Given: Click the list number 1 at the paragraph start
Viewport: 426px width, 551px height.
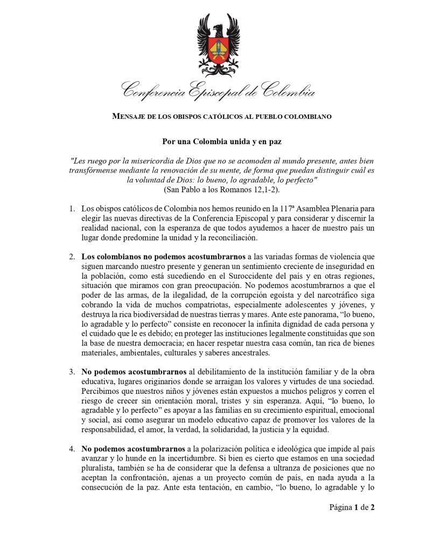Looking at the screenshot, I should pos(72,208).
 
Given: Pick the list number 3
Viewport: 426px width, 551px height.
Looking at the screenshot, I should pos(72,372).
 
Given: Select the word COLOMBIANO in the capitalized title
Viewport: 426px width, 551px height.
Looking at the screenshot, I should pos(308,116).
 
